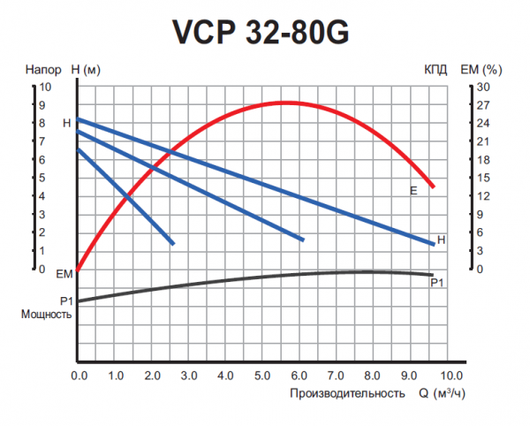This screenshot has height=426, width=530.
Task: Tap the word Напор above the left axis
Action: coord(43,69)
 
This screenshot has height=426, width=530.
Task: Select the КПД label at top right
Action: coord(435,69)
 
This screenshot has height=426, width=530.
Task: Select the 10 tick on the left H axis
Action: coord(47,87)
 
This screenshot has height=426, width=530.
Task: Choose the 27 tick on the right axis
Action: coord(481,105)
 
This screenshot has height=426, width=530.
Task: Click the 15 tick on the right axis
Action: coord(481,178)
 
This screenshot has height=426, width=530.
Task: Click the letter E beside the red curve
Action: coord(413,191)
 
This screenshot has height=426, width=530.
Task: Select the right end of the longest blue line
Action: coord(433,243)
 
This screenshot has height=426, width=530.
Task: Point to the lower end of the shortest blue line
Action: coord(172,243)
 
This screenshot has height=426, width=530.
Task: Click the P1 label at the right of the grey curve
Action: coord(435,283)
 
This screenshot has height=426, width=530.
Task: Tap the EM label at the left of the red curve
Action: coord(63,275)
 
